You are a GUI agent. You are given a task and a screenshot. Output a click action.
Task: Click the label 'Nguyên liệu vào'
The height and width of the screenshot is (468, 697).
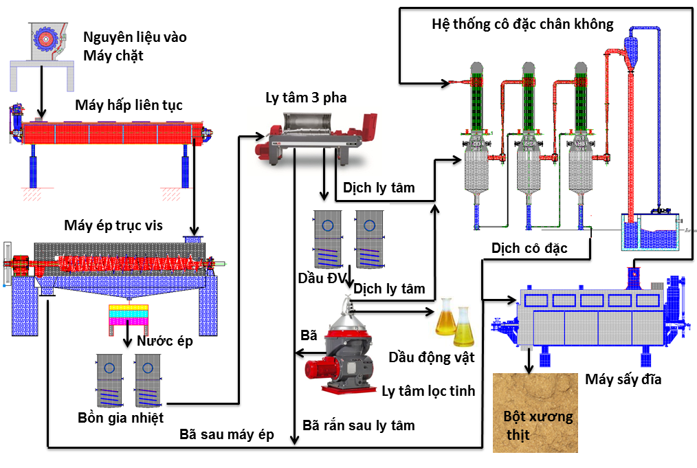pyautogui.click(x=135, y=37)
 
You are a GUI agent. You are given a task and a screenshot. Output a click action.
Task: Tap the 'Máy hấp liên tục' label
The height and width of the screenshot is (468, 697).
pyautogui.click(x=129, y=105)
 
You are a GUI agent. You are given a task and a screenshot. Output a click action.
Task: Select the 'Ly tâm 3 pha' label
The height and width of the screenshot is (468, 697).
pyautogui.click(x=306, y=98)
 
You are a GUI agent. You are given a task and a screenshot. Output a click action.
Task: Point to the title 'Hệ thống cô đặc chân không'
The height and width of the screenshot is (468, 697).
pyautogui.click(x=522, y=24)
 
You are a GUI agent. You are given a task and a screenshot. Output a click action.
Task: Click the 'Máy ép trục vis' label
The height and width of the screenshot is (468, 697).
pyautogui.click(x=113, y=225)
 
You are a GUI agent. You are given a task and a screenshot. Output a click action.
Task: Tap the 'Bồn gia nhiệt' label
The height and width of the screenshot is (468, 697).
pyautogui.click(x=120, y=418)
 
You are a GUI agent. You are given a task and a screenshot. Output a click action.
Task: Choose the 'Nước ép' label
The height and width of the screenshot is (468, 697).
pyautogui.click(x=165, y=341)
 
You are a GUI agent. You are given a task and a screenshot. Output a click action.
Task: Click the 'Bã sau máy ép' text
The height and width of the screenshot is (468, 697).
pyautogui.click(x=227, y=434)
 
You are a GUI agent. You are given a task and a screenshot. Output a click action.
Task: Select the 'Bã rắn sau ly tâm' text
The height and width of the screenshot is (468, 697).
pyautogui.click(x=359, y=425)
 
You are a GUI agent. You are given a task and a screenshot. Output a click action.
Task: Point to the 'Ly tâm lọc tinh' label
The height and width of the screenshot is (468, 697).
pyautogui.click(x=428, y=391)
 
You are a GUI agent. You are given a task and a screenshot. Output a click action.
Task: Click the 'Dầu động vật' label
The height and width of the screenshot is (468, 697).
pyautogui.click(x=432, y=357)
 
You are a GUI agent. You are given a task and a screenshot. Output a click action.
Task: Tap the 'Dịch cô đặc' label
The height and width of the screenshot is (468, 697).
pyautogui.click(x=529, y=248)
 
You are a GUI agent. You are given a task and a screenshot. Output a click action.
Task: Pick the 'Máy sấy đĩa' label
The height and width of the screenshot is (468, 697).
pyautogui.click(x=623, y=379)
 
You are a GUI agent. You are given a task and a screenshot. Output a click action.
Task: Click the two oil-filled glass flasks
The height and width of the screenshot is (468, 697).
pyautogui.click(x=455, y=322)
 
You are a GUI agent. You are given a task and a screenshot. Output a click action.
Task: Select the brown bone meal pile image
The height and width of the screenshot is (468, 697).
pyautogui.click(x=535, y=413)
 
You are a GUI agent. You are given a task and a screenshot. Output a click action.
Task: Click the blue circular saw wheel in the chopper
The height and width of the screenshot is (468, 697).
pyautogui.click(x=45, y=40)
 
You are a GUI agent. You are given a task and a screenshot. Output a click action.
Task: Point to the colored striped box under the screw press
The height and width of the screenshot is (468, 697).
pyautogui.click(x=129, y=315)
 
